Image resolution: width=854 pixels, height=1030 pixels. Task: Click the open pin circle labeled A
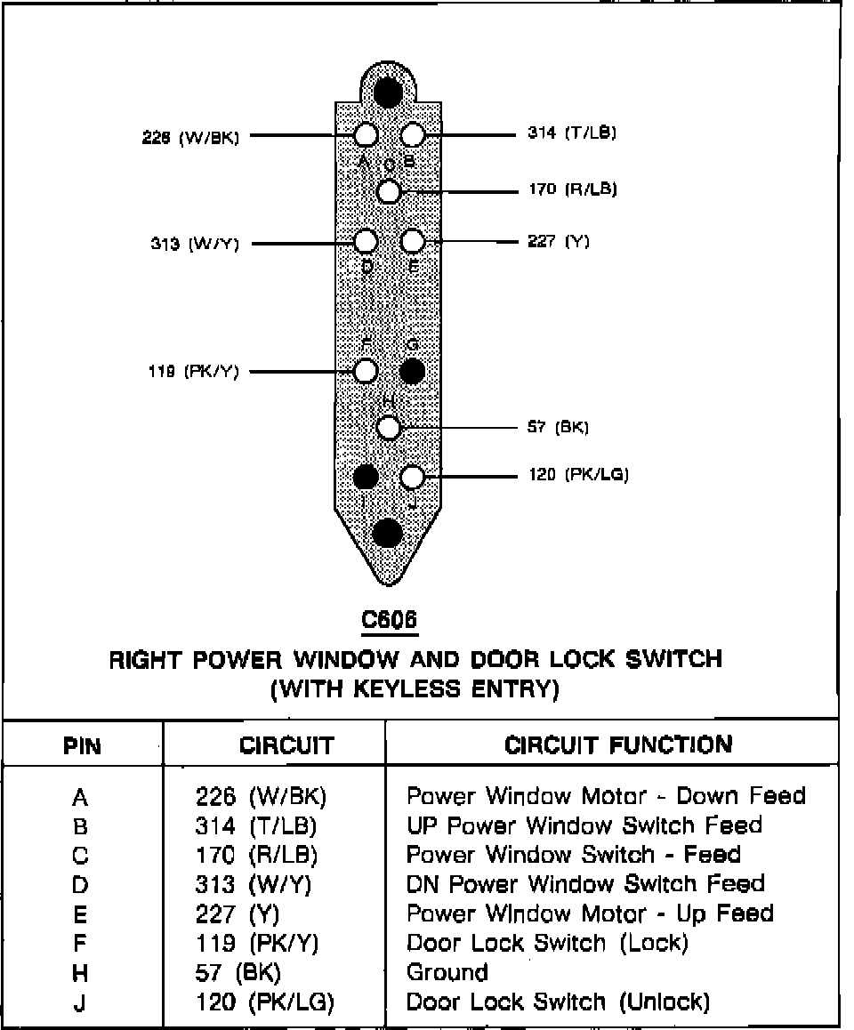coord(366,135)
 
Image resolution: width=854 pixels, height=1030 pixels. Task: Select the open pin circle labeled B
coord(412,135)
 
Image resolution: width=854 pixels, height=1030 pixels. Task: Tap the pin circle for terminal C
coord(389,190)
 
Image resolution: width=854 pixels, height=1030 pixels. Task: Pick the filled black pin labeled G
coord(412,371)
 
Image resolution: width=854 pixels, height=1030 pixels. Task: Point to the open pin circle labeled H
coord(389,428)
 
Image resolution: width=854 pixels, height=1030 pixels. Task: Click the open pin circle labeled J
coord(412,477)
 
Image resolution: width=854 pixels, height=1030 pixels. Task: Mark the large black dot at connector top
coord(388,91)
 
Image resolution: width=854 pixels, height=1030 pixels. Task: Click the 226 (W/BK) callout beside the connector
coord(195,137)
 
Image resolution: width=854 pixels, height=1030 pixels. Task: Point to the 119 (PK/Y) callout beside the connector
coord(193,372)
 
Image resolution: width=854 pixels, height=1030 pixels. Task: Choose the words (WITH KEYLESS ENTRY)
coord(415,689)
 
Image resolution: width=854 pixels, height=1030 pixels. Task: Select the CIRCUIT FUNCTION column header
coord(618,744)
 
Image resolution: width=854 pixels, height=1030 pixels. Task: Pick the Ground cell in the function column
coord(447,972)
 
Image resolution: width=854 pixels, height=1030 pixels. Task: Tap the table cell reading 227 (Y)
coord(238,913)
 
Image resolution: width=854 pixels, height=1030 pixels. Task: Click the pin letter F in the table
coord(80,943)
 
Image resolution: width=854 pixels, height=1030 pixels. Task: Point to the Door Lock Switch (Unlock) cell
coord(558,1002)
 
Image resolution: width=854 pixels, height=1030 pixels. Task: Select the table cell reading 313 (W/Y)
coord(254,884)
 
